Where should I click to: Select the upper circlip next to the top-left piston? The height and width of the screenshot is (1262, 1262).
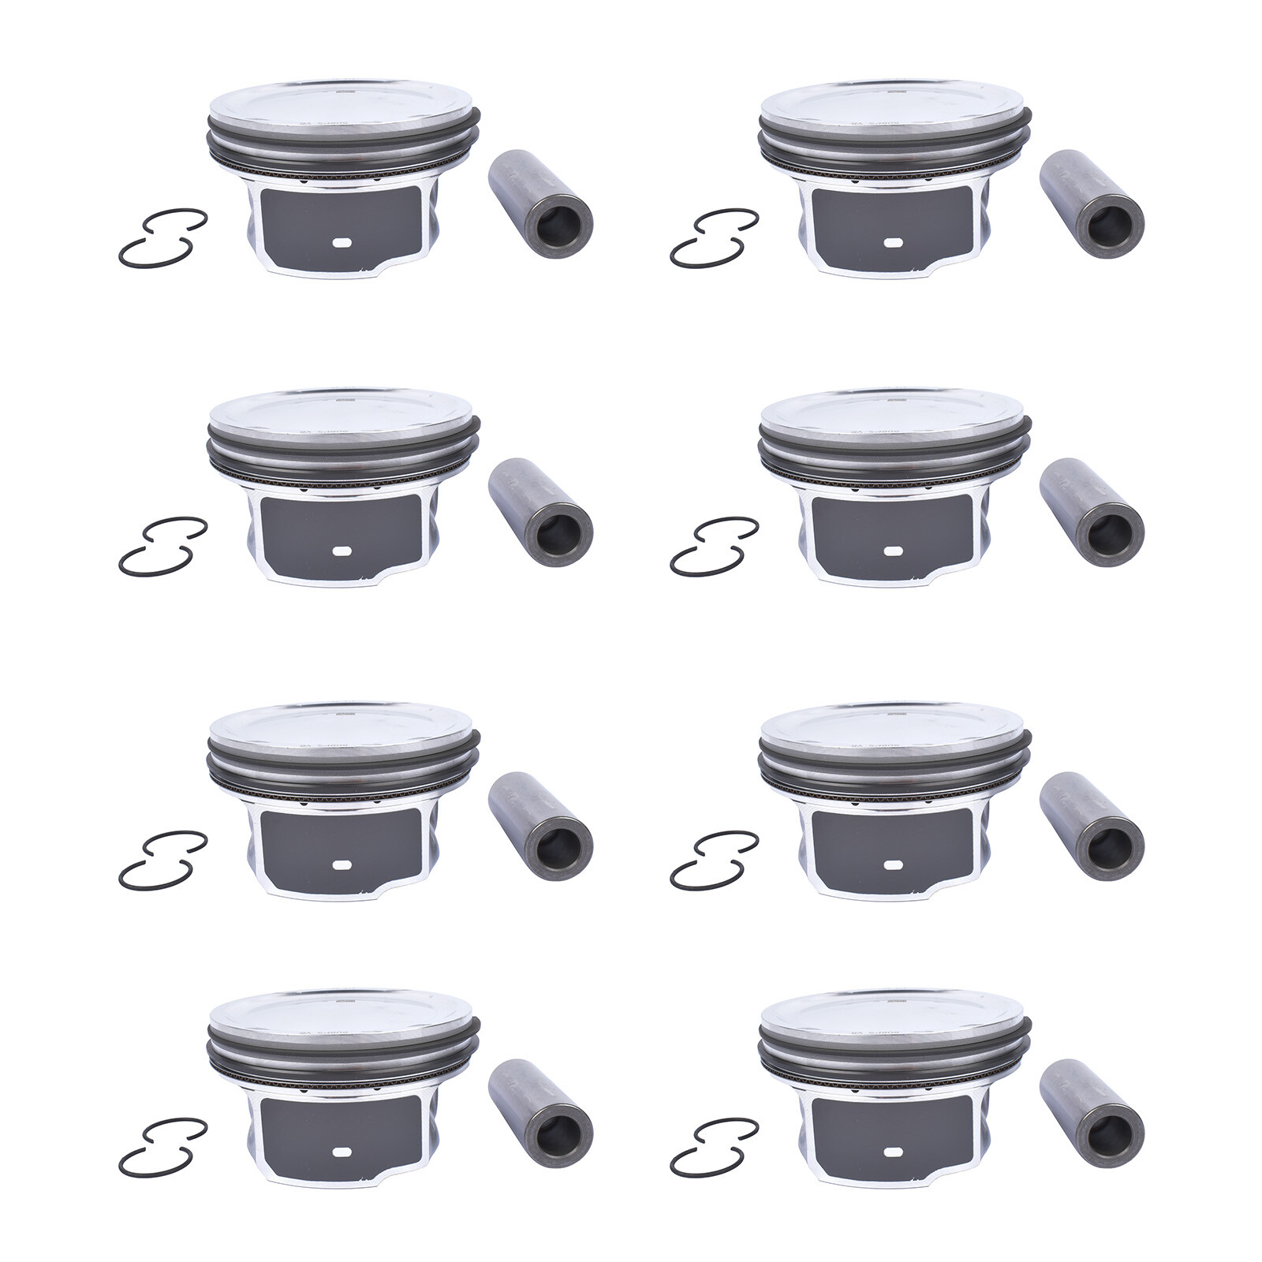(x=176, y=221)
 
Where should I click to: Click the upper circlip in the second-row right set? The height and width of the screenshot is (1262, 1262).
(x=727, y=528)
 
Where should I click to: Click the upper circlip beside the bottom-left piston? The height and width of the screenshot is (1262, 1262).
(x=176, y=1130)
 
